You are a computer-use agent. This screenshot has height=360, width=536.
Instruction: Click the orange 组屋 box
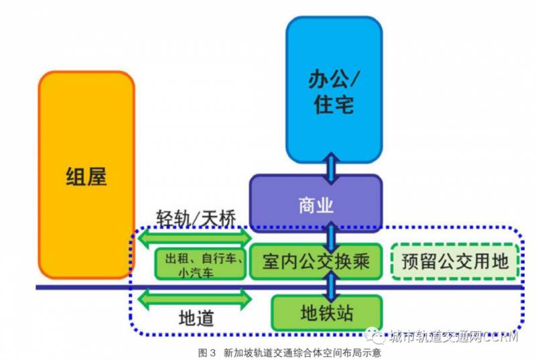pos(86,175)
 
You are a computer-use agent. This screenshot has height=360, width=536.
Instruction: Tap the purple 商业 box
pos(316,204)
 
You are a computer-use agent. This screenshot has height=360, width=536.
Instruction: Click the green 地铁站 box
pos(326,312)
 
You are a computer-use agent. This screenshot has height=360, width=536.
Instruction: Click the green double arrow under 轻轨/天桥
pos(194,237)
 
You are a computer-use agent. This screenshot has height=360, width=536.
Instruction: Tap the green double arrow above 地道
pos(194,297)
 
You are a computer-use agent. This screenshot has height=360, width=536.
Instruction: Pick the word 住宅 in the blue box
pos(333,105)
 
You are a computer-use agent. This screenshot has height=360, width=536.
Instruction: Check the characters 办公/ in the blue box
pos(333,79)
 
